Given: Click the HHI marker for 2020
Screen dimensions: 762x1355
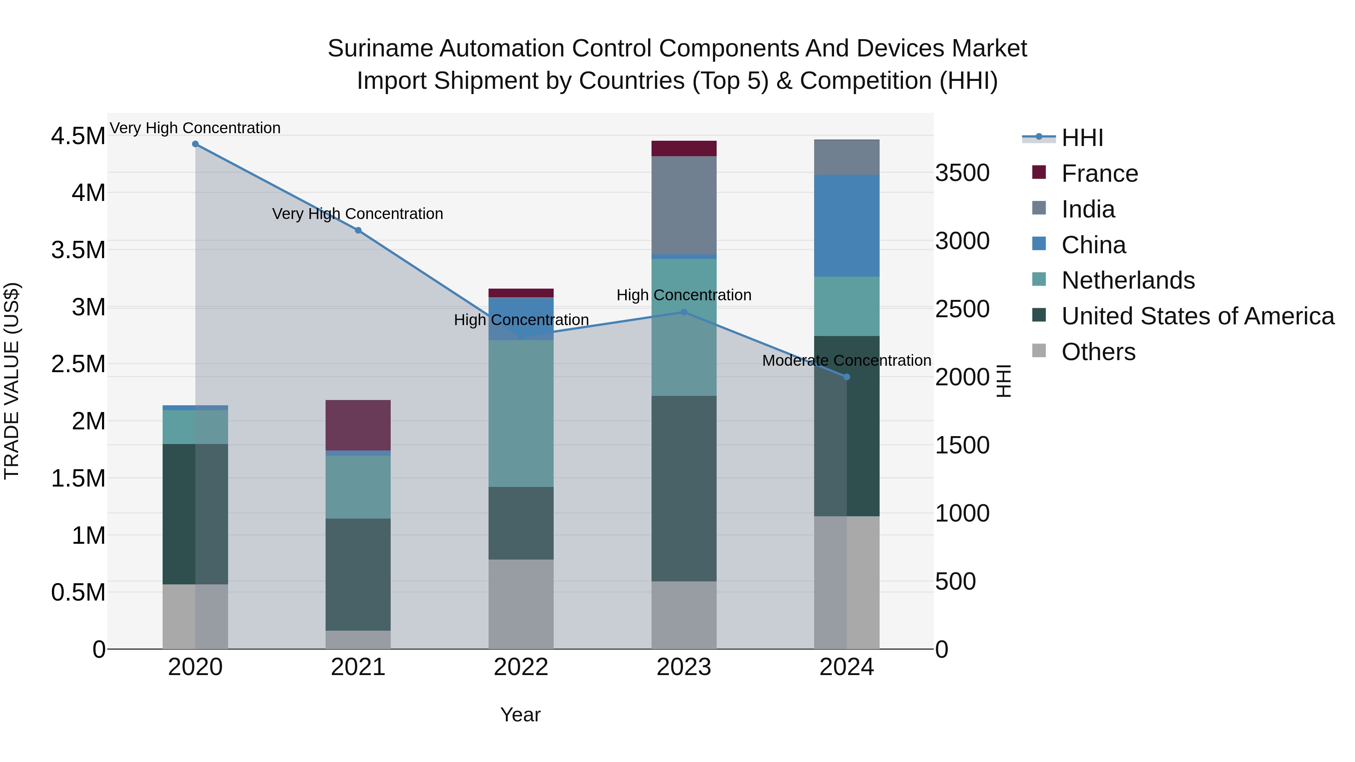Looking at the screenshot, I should click(195, 144).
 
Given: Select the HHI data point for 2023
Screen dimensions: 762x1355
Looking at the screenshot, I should click(684, 312).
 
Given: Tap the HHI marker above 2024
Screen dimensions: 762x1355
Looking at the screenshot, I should click(846, 377).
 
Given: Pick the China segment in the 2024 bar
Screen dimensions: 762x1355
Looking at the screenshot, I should click(846, 226).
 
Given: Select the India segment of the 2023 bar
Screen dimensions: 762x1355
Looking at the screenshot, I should click(684, 205).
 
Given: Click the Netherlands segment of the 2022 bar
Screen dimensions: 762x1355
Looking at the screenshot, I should click(521, 413).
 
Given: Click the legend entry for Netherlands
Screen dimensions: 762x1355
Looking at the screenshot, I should click(1128, 280).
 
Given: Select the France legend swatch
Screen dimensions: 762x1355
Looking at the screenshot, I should click(1039, 172).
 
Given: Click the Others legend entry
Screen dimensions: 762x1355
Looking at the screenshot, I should click(1098, 352).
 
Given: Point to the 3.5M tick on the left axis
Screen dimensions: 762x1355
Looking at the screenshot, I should click(78, 250).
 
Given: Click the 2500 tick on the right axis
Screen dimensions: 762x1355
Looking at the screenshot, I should click(962, 309).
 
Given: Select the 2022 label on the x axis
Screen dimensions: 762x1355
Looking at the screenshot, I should click(521, 667).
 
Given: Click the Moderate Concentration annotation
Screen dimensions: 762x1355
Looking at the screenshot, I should click(846, 361).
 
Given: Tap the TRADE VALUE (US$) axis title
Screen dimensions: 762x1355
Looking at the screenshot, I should click(12, 381).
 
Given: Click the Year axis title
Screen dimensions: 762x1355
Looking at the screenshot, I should click(520, 715).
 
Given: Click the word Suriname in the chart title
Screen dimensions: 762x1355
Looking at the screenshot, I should click(380, 49).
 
